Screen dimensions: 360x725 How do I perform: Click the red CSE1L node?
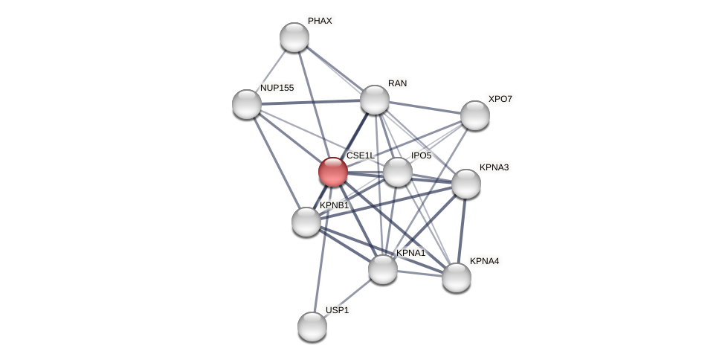[332, 172]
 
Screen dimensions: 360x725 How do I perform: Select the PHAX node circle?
[294, 37]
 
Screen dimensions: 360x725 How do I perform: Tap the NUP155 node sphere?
[247, 104]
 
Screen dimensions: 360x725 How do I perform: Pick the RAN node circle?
[375, 100]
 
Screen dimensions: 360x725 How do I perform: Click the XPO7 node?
[475, 115]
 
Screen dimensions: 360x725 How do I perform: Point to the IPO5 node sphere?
[398, 172]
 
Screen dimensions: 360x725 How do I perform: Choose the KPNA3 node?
[466, 184]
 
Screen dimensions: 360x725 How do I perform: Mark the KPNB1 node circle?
[306, 222]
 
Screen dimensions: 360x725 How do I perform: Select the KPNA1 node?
[383, 269]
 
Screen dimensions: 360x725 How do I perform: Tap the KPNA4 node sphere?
[457, 277]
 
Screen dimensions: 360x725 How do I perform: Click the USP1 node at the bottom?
[312, 327]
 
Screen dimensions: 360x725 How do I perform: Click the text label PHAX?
[320, 21]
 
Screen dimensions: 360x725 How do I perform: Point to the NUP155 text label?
[277, 88]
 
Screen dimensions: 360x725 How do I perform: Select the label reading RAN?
[397, 83]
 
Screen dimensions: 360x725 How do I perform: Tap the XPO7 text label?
[500, 99]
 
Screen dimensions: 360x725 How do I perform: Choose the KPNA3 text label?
[494, 167]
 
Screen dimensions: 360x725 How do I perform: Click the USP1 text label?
[337, 310]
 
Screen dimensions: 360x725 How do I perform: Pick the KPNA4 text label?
[484, 261]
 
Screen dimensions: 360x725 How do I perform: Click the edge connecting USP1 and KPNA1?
[347, 298]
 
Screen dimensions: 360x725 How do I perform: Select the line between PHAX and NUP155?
[271, 71]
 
